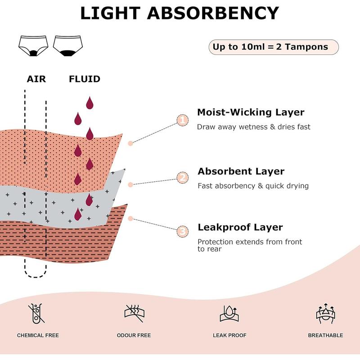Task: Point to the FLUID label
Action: pos(85,79)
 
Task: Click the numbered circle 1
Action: pos(183,120)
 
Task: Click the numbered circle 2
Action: pos(183,177)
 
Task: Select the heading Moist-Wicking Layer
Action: pos(251,112)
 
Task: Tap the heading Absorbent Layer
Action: pos(241,171)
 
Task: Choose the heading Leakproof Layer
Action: pos(240,227)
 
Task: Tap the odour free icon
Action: pos(134,312)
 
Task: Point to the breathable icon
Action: pos(325,313)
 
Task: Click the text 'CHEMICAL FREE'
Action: pos(38,335)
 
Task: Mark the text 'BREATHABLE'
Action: pos(325,335)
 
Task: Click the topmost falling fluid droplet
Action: pos(90,103)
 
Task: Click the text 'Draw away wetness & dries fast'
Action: pos(253,127)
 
